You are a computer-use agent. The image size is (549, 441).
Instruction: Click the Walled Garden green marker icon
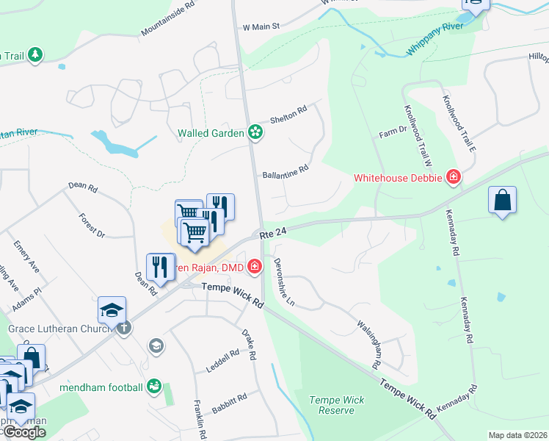tap(255, 132)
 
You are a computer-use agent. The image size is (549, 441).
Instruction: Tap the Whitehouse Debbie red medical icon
tap(454, 177)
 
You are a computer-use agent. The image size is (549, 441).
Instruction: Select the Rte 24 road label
tap(272, 233)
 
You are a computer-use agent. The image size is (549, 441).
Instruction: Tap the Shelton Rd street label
tap(288, 113)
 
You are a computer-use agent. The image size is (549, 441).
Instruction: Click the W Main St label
tap(262, 26)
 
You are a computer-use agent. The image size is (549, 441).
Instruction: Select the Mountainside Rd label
tap(168, 18)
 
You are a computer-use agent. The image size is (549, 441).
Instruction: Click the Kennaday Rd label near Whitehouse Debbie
tap(451, 233)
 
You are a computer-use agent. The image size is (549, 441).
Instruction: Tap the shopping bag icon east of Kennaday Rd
tap(502, 200)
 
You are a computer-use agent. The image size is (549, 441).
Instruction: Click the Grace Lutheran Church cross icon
tap(123, 328)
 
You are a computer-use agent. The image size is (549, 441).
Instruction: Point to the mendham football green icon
tap(154, 384)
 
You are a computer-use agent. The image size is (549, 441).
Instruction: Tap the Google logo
tap(24, 433)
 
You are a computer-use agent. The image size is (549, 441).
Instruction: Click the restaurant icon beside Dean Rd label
tap(160, 268)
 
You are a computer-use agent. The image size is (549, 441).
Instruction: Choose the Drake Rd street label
tap(250, 344)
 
